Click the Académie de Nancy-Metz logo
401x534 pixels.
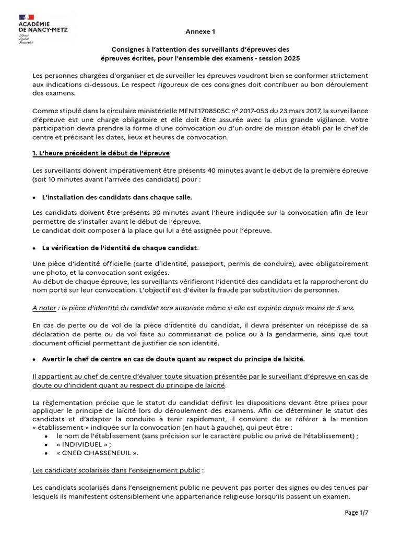[45, 27]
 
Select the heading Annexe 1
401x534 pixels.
[200, 31]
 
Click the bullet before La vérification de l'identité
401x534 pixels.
[34, 247]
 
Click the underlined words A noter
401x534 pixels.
[44, 308]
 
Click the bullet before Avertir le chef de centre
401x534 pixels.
[34, 359]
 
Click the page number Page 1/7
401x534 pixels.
[356, 513]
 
